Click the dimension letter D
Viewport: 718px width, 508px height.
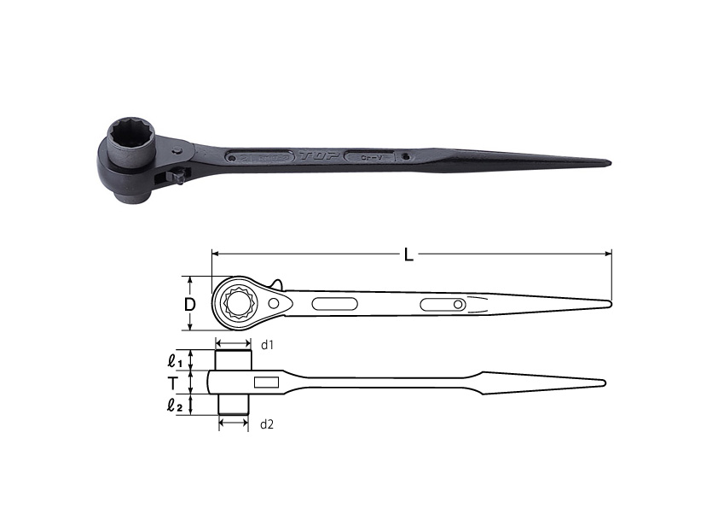(x=191, y=305)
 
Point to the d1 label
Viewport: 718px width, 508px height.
(x=266, y=344)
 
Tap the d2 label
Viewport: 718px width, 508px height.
(x=266, y=423)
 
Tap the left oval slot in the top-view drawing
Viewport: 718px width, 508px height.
(x=335, y=303)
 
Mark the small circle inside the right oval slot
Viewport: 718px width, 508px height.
(x=459, y=305)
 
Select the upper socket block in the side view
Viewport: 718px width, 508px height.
(x=233, y=360)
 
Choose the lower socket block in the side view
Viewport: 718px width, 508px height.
(x=233, y=404)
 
